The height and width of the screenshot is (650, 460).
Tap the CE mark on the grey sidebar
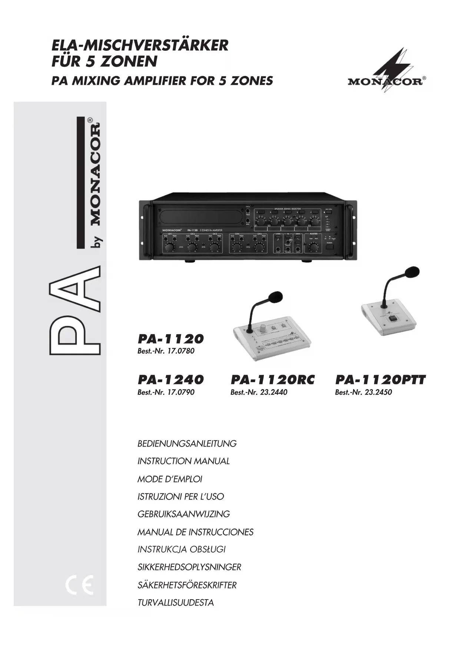[x=79, y=585]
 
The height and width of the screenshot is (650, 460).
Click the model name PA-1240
[x=171, y=380]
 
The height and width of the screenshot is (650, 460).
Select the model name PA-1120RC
[x=272, y=380]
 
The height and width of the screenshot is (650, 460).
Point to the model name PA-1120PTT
[x=380, y=380]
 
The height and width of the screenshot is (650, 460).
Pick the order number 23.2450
[x=378, y=392]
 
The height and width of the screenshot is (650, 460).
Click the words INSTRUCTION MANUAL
[x=183, y=461]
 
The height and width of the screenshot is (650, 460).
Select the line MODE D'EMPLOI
[x=170, y=479]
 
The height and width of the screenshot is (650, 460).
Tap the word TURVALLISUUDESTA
[x=175, y=603]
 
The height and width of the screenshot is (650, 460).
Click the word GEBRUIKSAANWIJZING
[x=183, y=514]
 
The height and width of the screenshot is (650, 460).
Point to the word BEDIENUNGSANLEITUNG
[x=187, y=444]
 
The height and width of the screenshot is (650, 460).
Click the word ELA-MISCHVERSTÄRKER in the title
[x=140, y=46]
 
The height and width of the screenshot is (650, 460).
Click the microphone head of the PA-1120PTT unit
[x=412, y=272]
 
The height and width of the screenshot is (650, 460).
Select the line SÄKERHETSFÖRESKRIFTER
[x=187, y=585]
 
